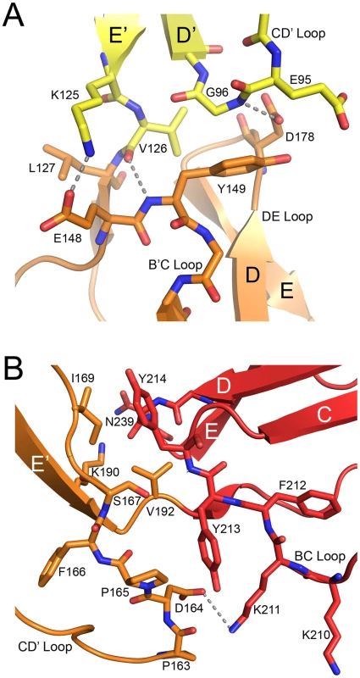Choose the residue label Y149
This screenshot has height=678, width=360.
227,187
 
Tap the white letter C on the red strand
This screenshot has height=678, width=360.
323,415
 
